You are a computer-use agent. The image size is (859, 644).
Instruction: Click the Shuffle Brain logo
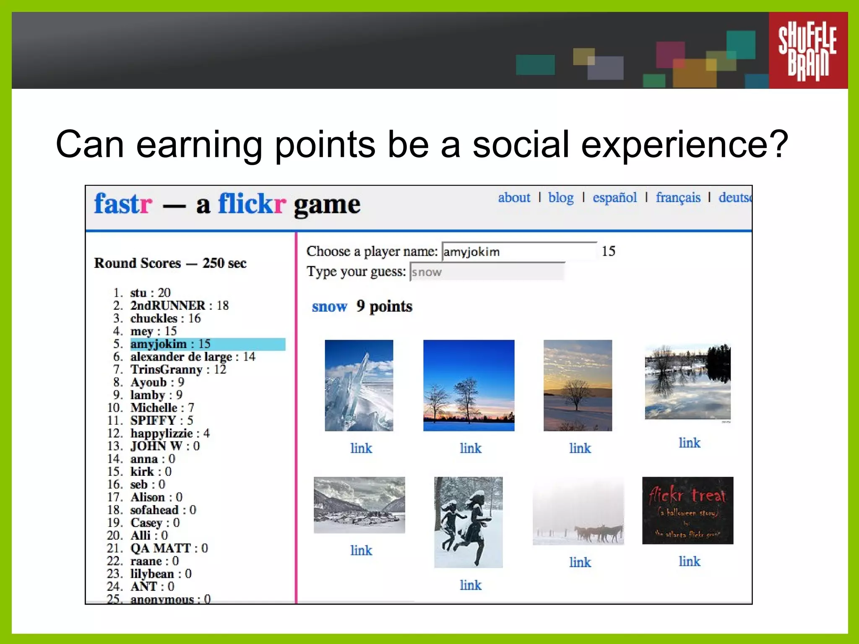(807, 50)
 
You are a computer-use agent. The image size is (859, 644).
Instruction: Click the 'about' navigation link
(514, 197)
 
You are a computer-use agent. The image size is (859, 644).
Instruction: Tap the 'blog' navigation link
(561, 197)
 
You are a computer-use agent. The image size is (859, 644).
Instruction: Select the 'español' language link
(614, 197)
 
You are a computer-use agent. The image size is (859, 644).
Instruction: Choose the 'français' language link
(678, 197)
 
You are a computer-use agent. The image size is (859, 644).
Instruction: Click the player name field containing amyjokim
(519, 252)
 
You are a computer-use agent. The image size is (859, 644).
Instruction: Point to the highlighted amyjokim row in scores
(207, 344)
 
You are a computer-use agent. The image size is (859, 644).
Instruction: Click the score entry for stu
(150, 292)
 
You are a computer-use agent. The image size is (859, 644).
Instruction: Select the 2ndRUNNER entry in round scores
(179, 305)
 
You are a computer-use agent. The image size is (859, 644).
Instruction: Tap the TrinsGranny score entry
(178, 369)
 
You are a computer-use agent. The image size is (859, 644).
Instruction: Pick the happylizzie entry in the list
(169, 433)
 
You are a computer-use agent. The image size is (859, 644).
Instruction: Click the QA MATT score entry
(169, 548)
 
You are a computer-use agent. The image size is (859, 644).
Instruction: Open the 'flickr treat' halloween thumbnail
(687, 510)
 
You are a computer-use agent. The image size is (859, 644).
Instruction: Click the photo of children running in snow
(468, 522)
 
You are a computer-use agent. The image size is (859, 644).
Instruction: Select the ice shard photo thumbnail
(359, 385)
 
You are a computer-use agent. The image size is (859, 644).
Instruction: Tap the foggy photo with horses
(578, 511)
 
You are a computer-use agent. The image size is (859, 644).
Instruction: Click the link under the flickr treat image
(689, 561)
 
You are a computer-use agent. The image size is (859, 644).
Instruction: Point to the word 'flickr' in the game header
(252, 204)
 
